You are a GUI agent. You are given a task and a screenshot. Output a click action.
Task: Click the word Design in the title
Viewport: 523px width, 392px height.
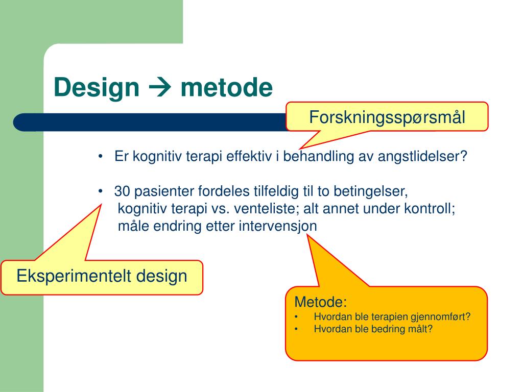coord(97,87)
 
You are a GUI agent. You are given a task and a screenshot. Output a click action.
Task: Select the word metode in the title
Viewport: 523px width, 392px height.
coord(226,87)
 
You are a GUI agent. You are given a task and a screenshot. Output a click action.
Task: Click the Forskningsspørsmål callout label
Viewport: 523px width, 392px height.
coord(387,117)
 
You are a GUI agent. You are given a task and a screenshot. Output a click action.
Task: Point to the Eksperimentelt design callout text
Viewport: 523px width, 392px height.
coord(102,276)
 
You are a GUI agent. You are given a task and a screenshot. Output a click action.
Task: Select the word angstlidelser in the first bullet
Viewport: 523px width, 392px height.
coord(422,156)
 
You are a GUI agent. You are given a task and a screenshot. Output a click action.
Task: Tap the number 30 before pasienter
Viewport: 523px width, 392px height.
coord(123,191)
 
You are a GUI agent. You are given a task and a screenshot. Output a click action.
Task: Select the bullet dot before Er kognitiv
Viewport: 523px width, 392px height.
coord(101,156)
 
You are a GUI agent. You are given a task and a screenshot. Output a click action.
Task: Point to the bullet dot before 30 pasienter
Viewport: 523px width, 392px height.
coord(101,191)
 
